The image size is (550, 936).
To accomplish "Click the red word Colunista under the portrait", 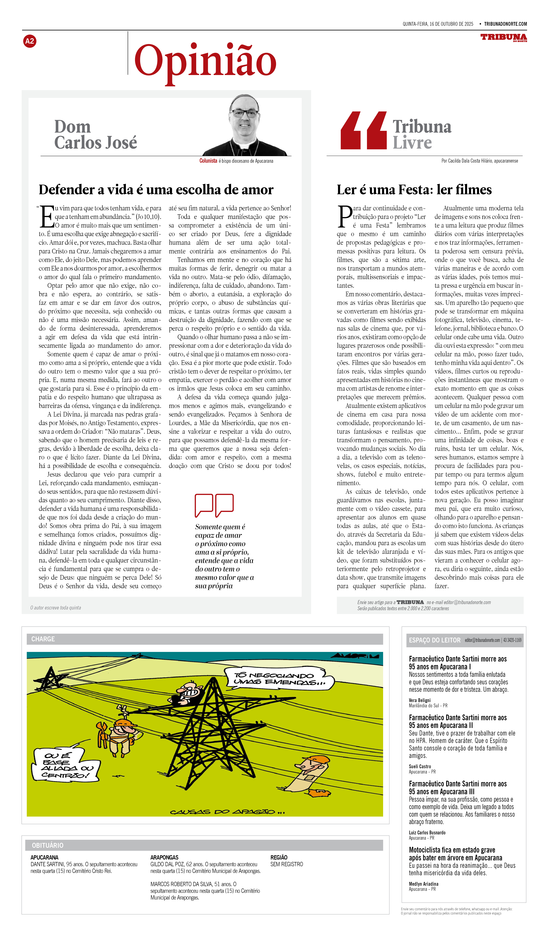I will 208,161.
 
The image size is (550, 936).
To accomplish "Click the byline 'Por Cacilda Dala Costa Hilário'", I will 479,161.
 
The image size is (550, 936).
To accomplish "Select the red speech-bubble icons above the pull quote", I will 214,505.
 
